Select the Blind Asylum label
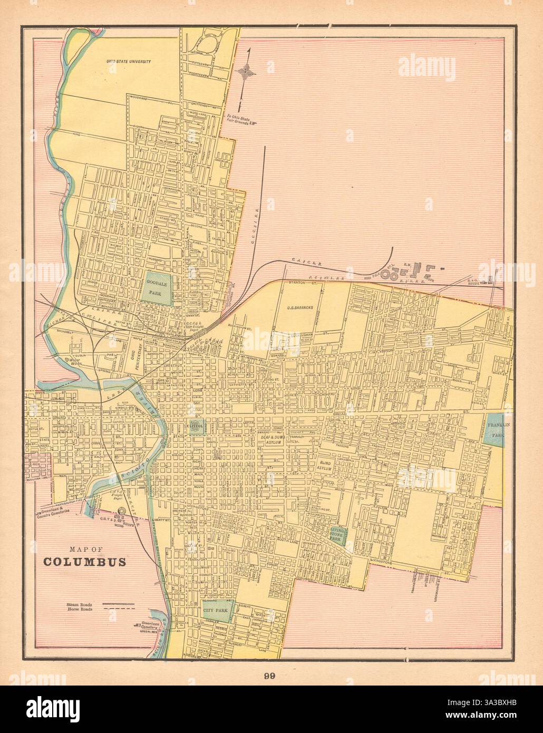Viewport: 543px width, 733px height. click(324, 464)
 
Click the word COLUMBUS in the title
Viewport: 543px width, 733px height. click(84, 561)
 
